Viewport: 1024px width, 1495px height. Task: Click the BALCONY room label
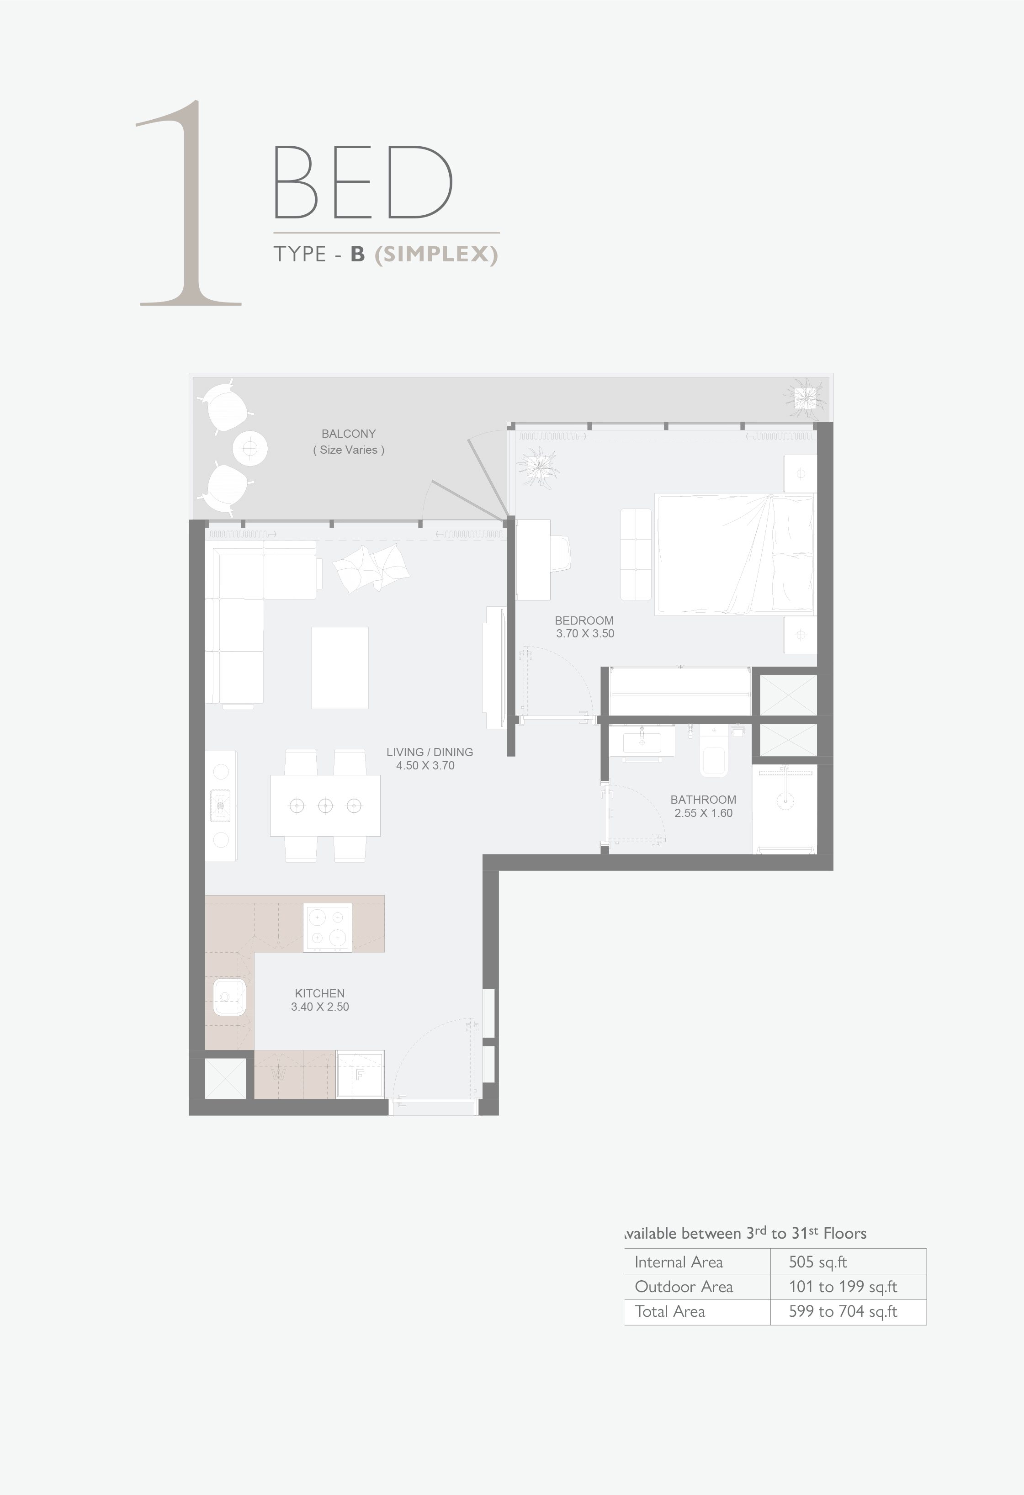click(349, 434)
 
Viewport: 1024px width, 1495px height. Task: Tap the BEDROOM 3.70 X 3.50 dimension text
click(585, 634)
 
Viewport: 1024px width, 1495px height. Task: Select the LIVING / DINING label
click(430, 752)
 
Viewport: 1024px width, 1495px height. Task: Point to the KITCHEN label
click(320, 993)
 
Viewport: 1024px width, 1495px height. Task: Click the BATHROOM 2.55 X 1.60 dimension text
click(704, 813)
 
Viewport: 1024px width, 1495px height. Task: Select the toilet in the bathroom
click(714, 751)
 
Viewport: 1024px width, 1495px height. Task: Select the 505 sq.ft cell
click(817, 1262)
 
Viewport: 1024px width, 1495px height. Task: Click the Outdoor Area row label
click(684, 1287)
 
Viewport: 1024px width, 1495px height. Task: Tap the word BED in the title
click(363, 182)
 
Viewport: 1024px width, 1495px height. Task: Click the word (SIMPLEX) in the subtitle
click(436, 254)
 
